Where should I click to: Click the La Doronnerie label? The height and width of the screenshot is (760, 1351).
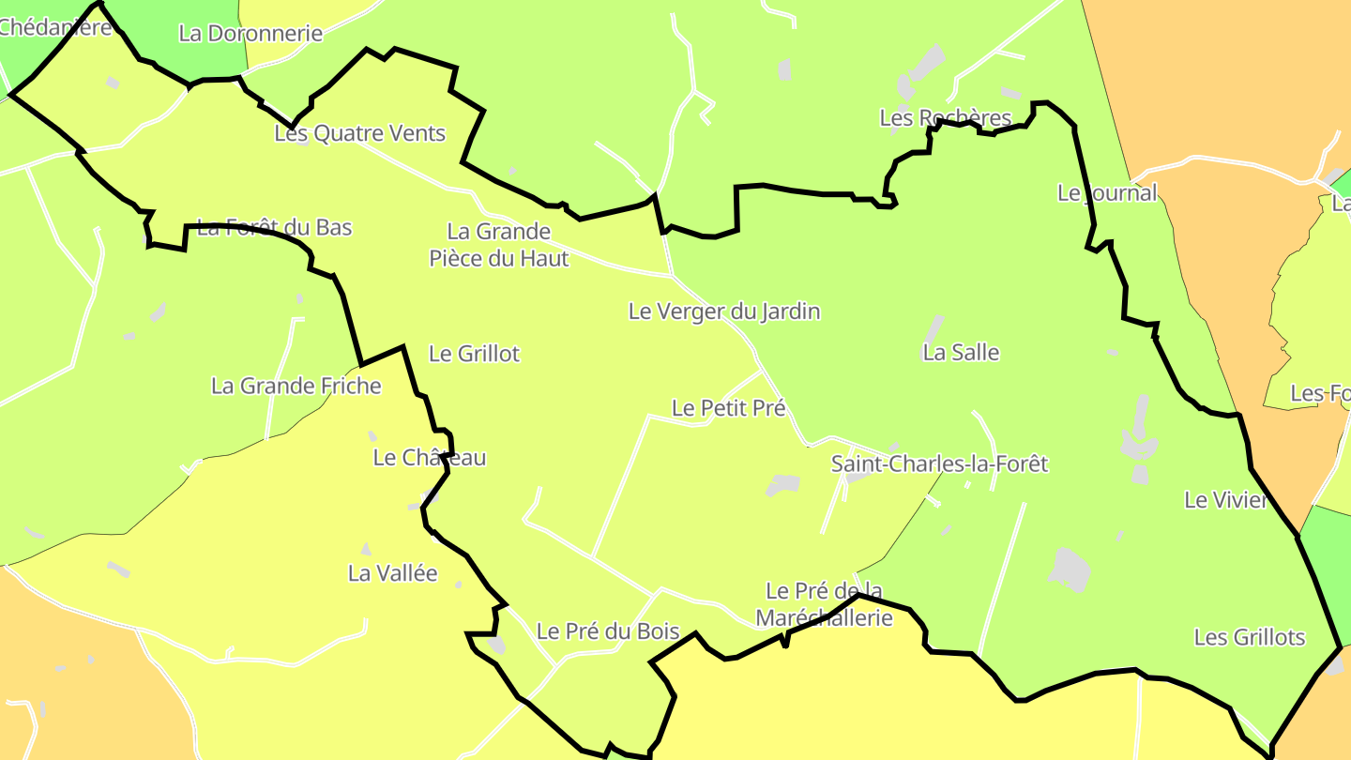pos(250,34)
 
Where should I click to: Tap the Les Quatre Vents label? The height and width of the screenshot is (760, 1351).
pos(359,133)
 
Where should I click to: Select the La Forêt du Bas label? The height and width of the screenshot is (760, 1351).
pos(274,227)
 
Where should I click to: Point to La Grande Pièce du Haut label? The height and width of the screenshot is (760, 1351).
pos(499,244)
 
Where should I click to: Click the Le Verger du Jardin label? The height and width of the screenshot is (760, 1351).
pos(724,312)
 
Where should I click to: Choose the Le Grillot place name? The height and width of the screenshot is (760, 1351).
pos(474,354)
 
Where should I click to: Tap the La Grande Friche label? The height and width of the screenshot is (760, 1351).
pos(296,386)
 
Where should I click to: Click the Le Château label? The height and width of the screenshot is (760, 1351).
pos(430,458)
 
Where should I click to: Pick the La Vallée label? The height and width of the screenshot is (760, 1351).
pos(392,573)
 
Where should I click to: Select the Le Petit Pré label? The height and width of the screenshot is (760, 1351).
pos(728,408)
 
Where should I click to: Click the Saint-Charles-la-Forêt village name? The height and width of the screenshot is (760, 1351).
pos(939,464)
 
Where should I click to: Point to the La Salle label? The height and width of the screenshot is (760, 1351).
pos(961,353)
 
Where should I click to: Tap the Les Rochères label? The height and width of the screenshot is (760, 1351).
pos(946,118)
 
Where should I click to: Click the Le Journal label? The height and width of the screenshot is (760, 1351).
pos(1107,193)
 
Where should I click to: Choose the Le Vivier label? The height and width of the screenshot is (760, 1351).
pos(1226,500)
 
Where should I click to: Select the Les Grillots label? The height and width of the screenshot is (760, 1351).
pos(1250,638)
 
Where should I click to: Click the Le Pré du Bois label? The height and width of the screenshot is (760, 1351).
pos(608,631)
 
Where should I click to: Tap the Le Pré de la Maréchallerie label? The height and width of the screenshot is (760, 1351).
pos(825,604)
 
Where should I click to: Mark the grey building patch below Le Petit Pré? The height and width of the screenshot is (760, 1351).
pos(782,485)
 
